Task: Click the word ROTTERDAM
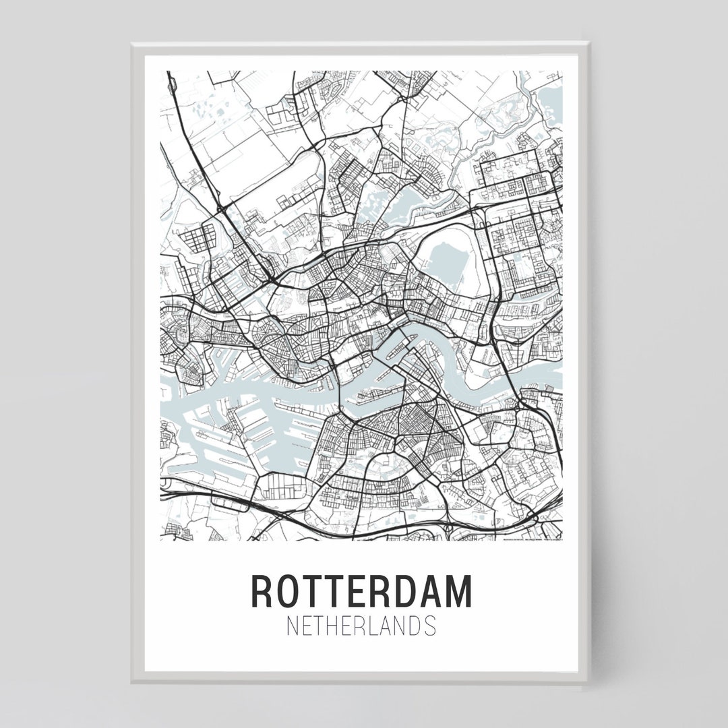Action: [361, 591]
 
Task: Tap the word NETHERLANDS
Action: [361, 626]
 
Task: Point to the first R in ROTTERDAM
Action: [262, 591]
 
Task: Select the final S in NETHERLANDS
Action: [430, 626]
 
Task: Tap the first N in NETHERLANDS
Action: [292, 626]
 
